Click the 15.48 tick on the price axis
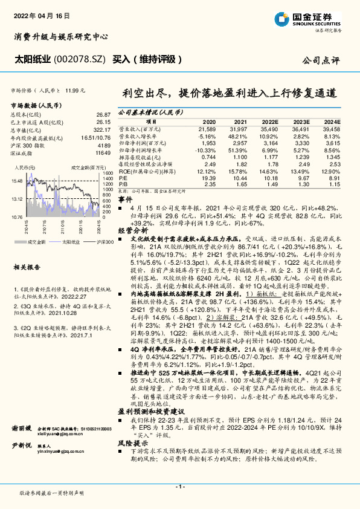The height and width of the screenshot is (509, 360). point(16,181)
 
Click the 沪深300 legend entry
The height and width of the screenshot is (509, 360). point(87,241)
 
